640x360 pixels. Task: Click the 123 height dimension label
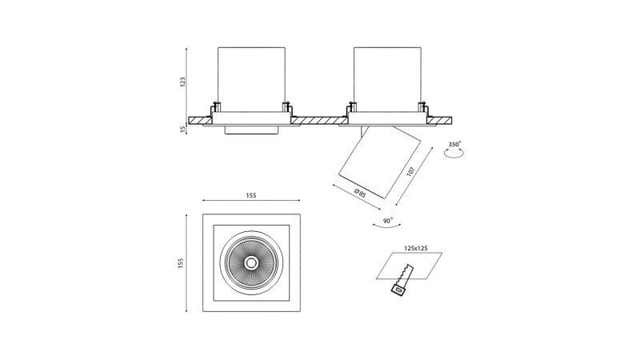(182, 82)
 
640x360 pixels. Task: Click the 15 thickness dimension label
(182, 126)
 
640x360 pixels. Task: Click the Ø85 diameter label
(360, 193)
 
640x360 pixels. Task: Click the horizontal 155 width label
(250, 195)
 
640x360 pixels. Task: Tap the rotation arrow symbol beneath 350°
(455, 158)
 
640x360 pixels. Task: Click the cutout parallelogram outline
(409, 266)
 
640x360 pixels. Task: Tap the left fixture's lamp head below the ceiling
(250, 130)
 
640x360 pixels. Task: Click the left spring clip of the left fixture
(214, 107)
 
